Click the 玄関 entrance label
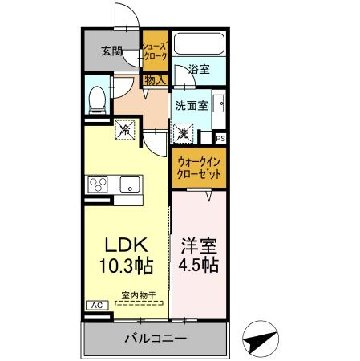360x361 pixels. (x=112, y=52)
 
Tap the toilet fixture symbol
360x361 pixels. (x=97, y=98)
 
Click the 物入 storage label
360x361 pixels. (x=156, y=79)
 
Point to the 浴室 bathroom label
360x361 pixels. (x=199, y=69)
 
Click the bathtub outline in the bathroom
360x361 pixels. (x=200, y=47)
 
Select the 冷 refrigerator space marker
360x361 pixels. (x=126, y=128)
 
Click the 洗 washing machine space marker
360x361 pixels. (x=184, y=133)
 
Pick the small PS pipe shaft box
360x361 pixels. (x=220, y=138)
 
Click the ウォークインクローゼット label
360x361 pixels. (x=199, y=168)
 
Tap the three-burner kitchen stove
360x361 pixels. (x=99, y=185)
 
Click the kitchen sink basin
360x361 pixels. (x=130, y=185)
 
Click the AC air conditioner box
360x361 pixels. (x=95, y=305)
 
